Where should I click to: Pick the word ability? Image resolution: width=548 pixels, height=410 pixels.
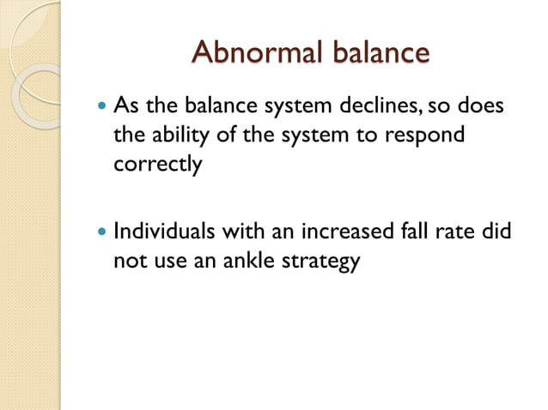177,136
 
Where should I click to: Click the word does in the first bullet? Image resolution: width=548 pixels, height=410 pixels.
480,109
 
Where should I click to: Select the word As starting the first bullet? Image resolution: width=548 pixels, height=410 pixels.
126,109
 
